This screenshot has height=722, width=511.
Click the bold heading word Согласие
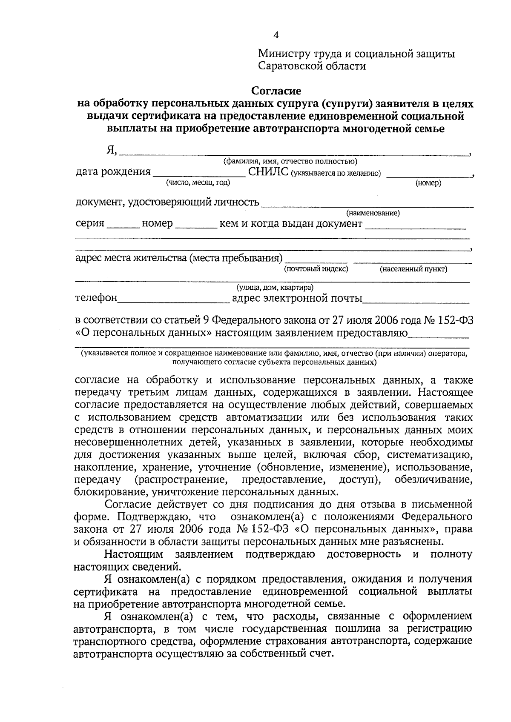point(276,91)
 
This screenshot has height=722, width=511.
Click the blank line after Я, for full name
point(294,151)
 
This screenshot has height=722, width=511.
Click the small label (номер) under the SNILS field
point(428,183)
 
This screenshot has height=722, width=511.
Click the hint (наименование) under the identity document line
point(373,213)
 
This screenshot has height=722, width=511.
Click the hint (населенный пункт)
point(413,269)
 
